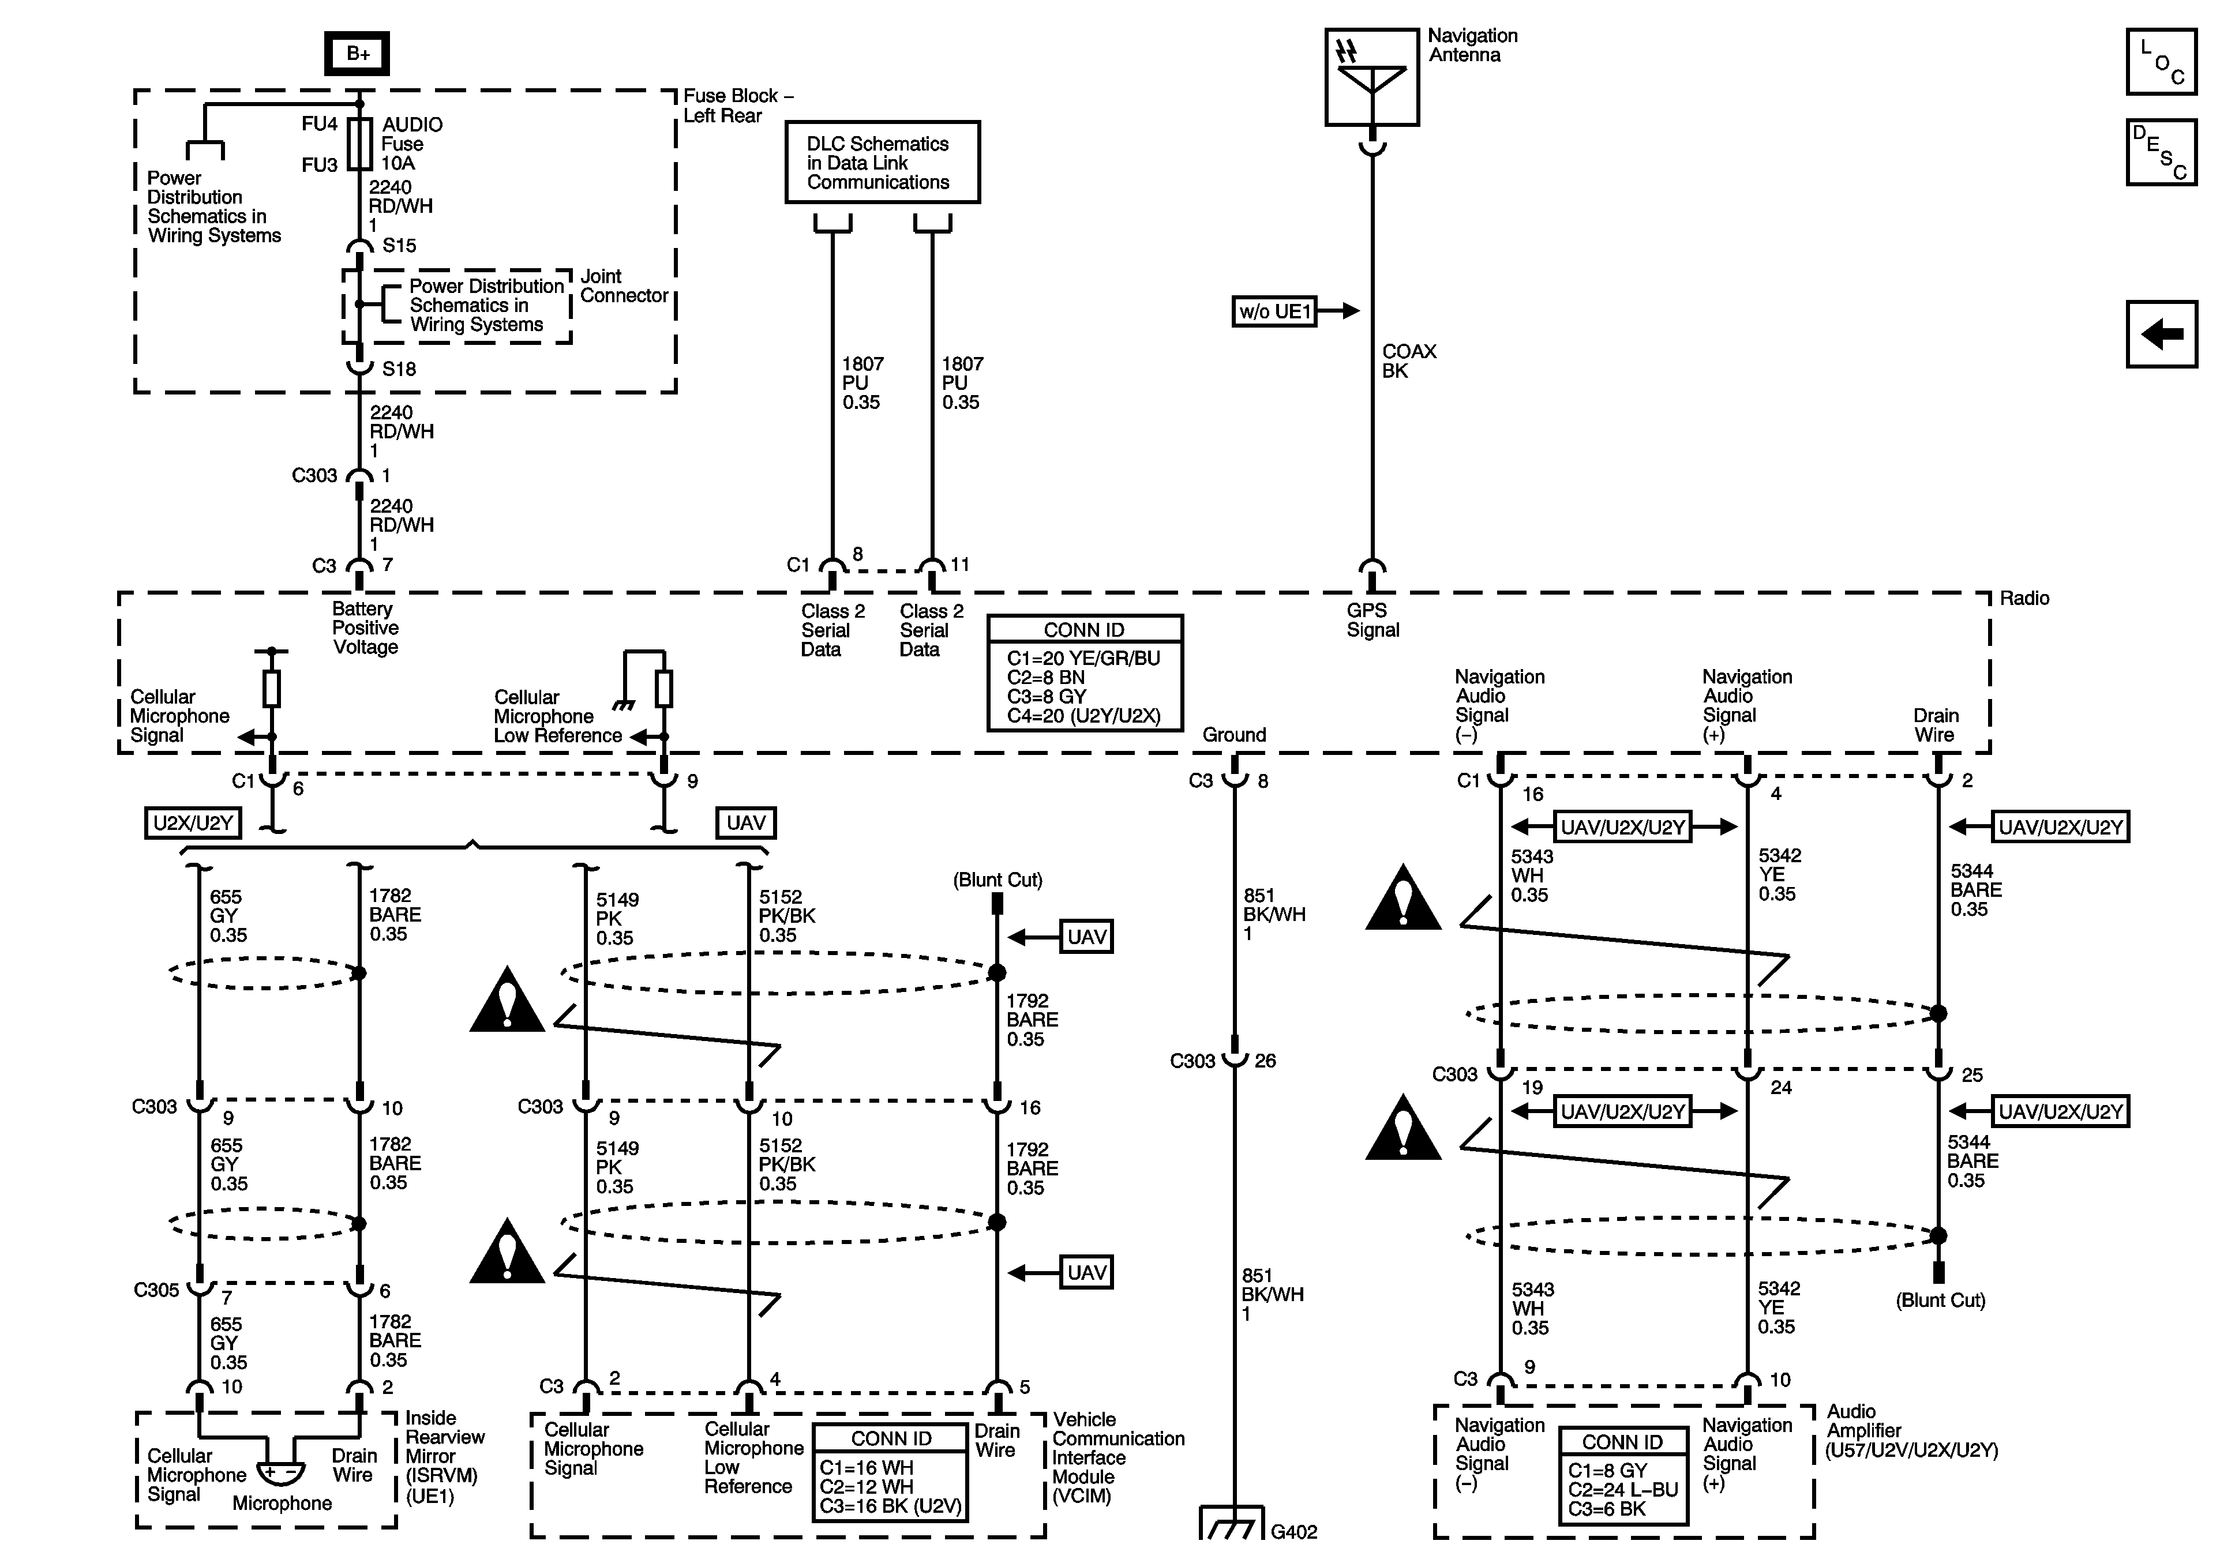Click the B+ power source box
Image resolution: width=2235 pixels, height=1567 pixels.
click(x=357, y=54)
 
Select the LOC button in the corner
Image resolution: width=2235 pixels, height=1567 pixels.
click(x=2161, y=61)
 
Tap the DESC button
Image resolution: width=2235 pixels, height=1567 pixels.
click(x=2161, y=152)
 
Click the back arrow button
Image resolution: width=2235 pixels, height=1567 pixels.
click(x=2161, y=334)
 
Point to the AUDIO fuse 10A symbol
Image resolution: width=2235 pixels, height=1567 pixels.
click(x=360, y=144)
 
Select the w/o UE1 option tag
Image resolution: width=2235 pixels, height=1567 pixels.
click(x=1274, y=311)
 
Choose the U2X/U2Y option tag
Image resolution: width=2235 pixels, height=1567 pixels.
click(x=193, y=824)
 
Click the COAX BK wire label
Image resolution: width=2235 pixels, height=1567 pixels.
click(x=1408, y=361)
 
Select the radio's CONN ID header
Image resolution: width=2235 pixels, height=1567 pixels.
click(x=1085, y=630)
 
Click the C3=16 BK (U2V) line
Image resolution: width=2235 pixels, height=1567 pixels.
click(x=891, y=1506)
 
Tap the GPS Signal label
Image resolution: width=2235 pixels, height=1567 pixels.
click(x=1372, y=620)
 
